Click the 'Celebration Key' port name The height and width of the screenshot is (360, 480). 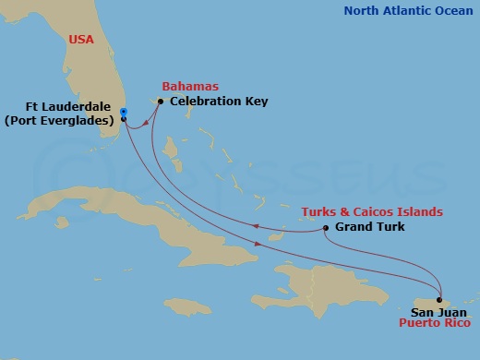pyautogui.click(x=219, y=101)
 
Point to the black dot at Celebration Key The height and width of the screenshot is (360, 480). pyautogui.click(x=161, y=101)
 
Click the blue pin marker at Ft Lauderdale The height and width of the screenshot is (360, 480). pyautogui.click(x=124, y=112)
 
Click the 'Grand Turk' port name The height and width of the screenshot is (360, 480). pyautogui.click(x=369, y=227)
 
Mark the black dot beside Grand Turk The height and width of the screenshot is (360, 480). pyautogui.click(x=326, y=227)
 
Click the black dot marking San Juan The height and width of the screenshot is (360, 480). pyautogui.click(x=438, y=300)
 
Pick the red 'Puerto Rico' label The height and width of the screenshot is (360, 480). pyautogui.click(x=435, y=324)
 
